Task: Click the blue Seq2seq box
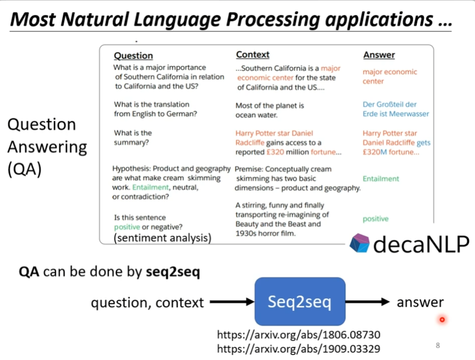(299, 302)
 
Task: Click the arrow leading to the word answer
(368, 303)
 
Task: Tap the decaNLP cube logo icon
(360, 243)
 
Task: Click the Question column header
(133, 56)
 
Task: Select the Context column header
(253, 55)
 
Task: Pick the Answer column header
(379, 55)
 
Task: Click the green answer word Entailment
(381, 178)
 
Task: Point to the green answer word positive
(376, 219)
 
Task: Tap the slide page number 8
(437, 346)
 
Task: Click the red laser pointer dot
(442, 319)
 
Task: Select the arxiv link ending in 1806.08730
(298, 335)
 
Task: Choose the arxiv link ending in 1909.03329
(298, 349)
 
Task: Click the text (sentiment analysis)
(162, 237)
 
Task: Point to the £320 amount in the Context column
(273, 152)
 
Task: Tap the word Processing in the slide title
(277, 19)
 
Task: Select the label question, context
(147, 303)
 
